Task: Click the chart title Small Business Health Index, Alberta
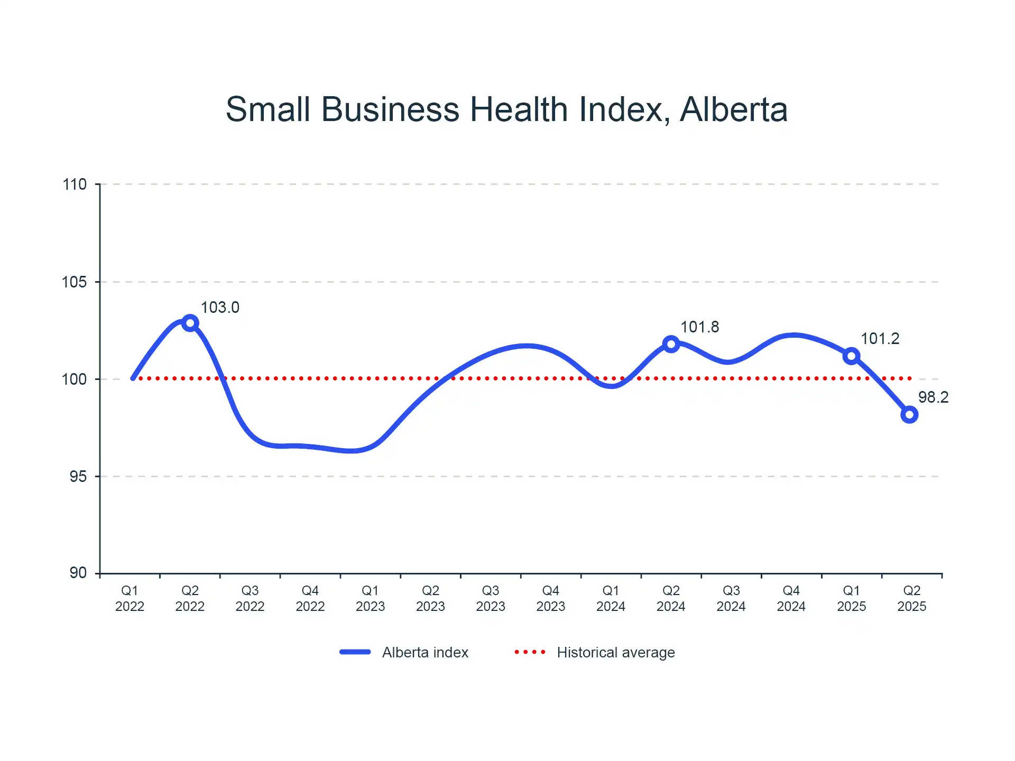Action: (506, 109)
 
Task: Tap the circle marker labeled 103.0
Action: (190, 323)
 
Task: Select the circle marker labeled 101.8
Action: (671, 345)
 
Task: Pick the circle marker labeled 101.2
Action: (851, 356)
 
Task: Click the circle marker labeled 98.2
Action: (909, 415)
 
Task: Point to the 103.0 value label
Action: (220, 308)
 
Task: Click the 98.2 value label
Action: (933, 397)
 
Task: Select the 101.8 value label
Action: (699, 327)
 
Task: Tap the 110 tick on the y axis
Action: (75, 184)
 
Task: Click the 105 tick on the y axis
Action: (75, 282)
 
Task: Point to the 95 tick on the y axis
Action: (78, 477)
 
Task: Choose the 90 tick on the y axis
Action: (78, 573)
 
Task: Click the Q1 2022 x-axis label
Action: (130, 598)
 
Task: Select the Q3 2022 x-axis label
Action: (250, 598)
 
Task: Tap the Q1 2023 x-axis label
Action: (370, 598)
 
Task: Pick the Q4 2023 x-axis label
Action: (551, 598)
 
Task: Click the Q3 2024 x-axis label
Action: (731, 598)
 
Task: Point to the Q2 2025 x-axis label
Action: (911, 598)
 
